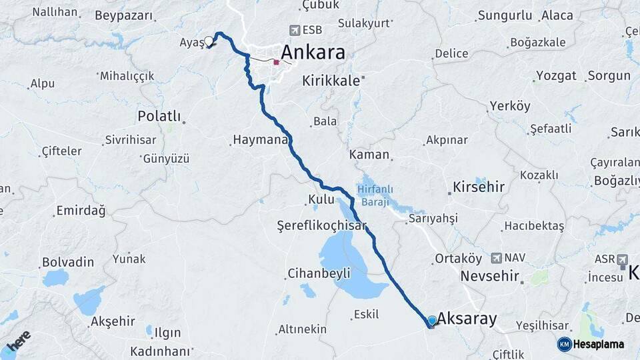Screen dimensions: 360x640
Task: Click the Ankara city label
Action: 313,52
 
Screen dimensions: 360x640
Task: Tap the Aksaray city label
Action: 467,319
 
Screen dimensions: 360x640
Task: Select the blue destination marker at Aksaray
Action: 432,321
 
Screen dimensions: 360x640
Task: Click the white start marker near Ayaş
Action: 209,41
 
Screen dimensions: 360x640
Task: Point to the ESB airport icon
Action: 295,30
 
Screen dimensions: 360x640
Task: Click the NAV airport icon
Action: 496,257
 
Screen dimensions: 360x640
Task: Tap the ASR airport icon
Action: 623,258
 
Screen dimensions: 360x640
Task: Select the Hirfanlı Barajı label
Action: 379,194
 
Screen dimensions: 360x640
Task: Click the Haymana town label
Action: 260,140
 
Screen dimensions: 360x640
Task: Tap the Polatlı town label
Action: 159,116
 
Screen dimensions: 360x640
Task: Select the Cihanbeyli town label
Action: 319,273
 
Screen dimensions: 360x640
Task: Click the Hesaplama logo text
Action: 600,344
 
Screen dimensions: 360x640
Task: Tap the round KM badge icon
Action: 565,344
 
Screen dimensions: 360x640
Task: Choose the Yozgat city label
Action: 556,75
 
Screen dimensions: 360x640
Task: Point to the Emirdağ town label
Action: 81,211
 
